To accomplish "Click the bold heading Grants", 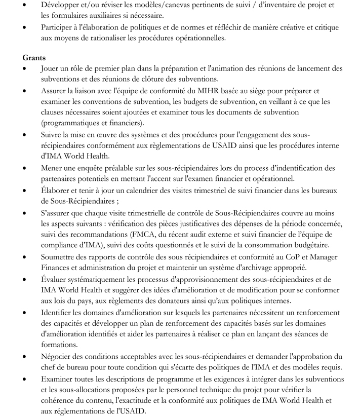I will coord(34,57).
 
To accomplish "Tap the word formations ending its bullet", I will coord(59,344).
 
